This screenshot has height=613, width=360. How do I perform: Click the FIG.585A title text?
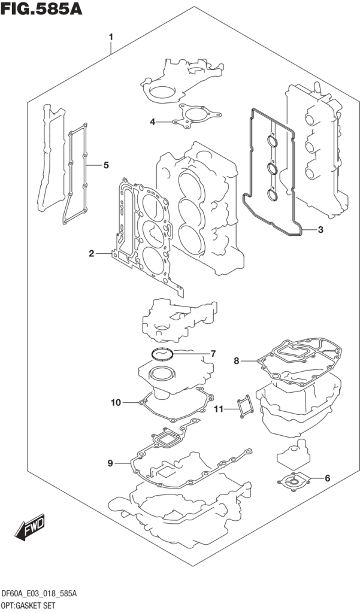click(41, 8)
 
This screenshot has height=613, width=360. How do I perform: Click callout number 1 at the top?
click(111, 38)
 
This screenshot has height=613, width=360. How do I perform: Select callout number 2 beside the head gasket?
click(91, 254)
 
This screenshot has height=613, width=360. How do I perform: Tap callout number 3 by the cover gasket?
click(320, 230)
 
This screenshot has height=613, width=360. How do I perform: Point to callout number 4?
click(153, 122)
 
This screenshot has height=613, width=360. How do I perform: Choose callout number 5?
click(106, 165)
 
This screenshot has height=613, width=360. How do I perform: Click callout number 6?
click(328, 478)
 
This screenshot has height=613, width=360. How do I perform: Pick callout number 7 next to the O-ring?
click(213, 354)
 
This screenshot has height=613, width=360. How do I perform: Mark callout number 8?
click(237, 361)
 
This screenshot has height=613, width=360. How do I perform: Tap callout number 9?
click(110, 463)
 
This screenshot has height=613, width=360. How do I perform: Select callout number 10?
click(116, 402)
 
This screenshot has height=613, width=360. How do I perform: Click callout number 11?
click(219, 409)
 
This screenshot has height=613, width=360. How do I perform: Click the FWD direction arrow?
click(30, 528)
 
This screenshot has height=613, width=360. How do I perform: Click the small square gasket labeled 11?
click(244, 406)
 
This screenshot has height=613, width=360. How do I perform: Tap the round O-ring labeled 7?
click(162, 354)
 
